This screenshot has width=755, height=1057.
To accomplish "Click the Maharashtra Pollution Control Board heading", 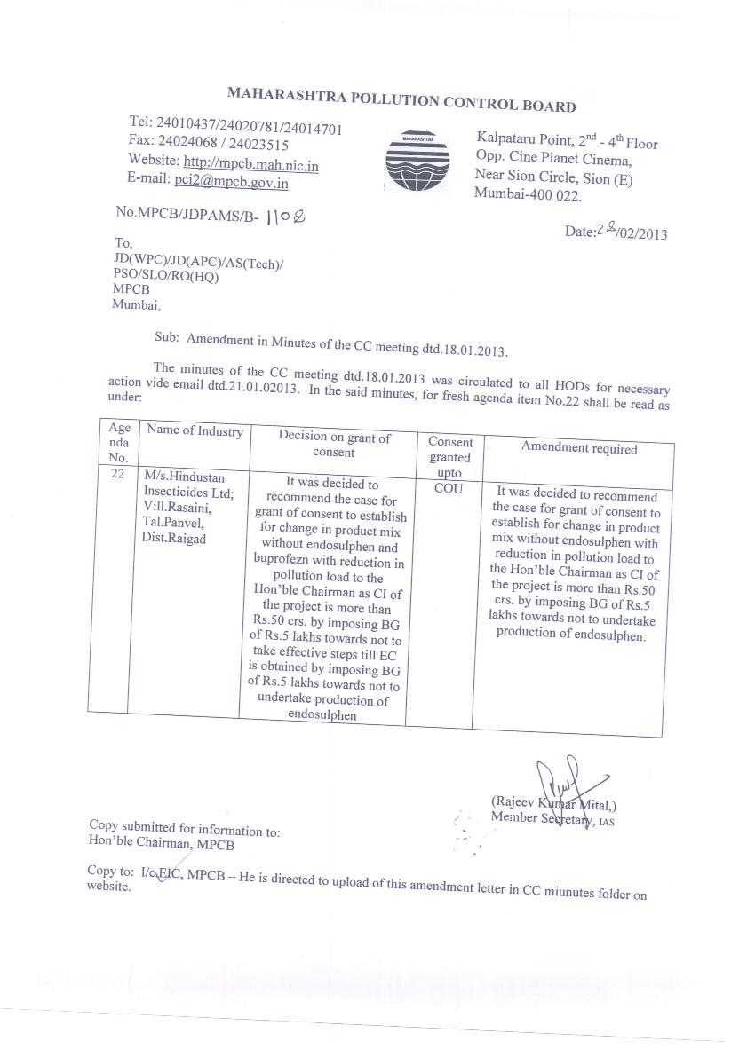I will click(401, 98).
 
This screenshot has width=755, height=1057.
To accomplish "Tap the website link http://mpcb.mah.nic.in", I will click(251, 164).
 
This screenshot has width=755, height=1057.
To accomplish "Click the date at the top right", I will click(616, 232).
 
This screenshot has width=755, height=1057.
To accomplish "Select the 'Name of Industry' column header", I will click(195, 431).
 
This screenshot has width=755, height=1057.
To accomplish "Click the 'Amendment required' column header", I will click(578, 448).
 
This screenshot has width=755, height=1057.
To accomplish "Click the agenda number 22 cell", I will click(118, 476).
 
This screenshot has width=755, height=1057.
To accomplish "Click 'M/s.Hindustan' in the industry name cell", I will click(178, 477).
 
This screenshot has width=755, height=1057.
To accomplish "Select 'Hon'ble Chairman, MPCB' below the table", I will click(162, 844).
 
